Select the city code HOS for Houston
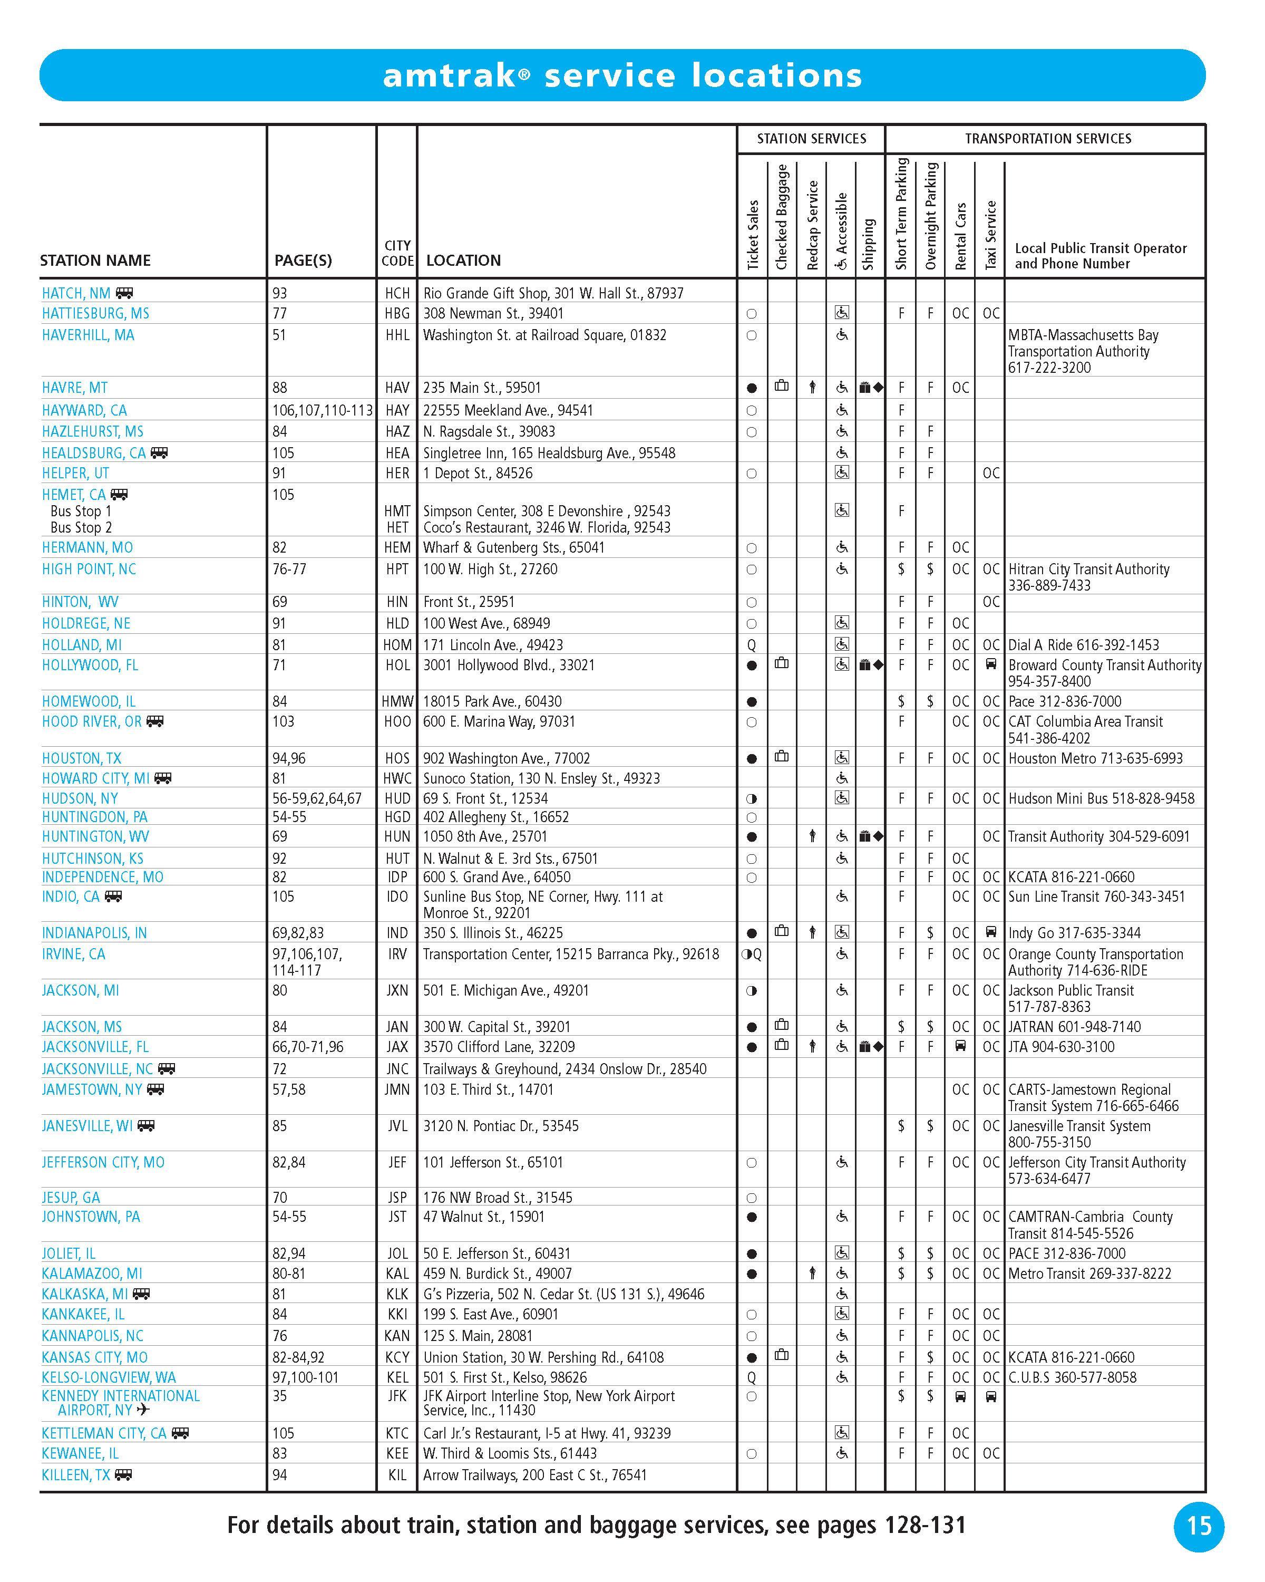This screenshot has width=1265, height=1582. coord(397,758)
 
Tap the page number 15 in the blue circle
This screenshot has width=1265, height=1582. coord(1199,1526)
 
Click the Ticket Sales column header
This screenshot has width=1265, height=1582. coord(752,235)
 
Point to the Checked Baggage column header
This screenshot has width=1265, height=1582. coord(782,217)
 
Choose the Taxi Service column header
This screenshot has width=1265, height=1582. coord(991,235)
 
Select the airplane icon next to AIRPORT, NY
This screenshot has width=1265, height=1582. coord(143,1410)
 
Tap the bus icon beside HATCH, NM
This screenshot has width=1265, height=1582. coord(125,293)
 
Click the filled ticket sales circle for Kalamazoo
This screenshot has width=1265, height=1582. coord(752,1274)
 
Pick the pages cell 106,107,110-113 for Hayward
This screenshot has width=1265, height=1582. coord(322,410)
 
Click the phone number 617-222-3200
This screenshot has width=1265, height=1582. coord(1049,368)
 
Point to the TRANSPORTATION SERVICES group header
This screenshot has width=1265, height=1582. coord(1047,139)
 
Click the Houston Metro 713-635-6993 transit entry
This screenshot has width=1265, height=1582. coord(1095,758)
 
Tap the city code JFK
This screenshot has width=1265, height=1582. coord(397,1396)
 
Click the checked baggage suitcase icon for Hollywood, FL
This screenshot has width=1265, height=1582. coord(782,664)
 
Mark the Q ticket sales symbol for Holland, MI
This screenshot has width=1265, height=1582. coord(752,645)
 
